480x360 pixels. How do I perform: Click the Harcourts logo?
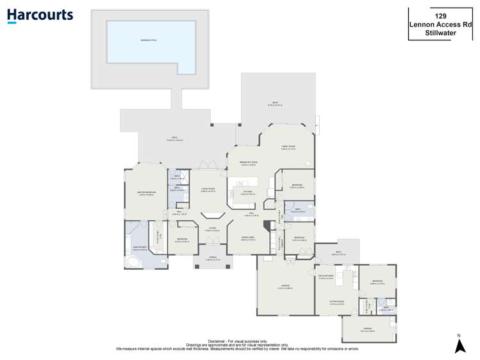click(x=40, y=15)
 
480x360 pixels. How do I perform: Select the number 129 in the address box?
click(x=440, y=15)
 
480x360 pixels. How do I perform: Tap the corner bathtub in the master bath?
click(x=133, y=261)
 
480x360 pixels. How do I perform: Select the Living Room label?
click(x=208, y=189)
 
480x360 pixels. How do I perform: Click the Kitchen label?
click(x=247, y=192)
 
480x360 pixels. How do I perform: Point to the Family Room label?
click(x=288, y=147)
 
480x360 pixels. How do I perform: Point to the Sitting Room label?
click(x=337, y=302)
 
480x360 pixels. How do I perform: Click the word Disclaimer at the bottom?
click(x=218, y=341)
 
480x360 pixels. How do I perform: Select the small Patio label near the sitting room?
click(x=338, y=254)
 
